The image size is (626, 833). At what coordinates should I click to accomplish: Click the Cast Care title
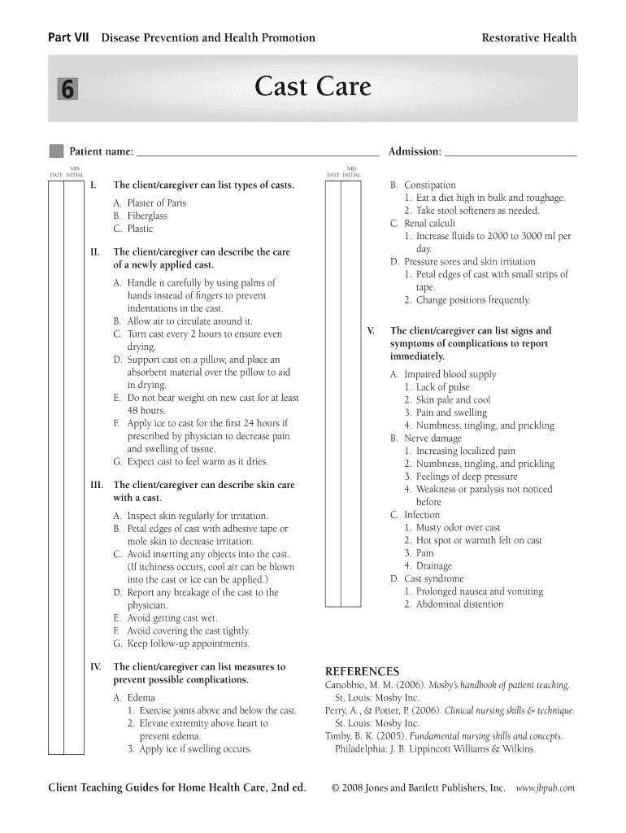pyautogui.click(x=313, y=87)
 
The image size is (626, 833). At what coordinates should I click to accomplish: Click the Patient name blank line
pyautogui.click(x=257, y=152)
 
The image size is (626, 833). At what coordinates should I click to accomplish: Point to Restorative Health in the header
pyautogui.click(x=528, y=37)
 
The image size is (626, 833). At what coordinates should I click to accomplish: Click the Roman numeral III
pyautogui.click(x=96, y=486)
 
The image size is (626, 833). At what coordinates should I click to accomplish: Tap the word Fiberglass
pyautogui.click(x=146, y=216)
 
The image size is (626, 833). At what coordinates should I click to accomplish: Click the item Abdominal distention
pyautogui.click(x=459, y=604)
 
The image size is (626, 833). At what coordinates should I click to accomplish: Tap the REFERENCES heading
pyautogui.click(x=362, y=671)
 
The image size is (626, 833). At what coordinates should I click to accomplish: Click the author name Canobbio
pyautogui.click(x=347, y=686)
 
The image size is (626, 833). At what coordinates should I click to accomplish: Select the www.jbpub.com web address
pyautogui.click(x=546, y=788)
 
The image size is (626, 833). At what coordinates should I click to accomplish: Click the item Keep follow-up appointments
pyautogui.click(x=187, y=643)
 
